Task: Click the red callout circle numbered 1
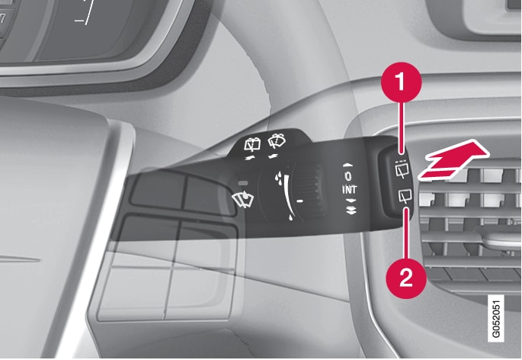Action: point(401,82)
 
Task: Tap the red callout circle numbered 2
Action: point(406,278)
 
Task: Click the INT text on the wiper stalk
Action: point(350,190)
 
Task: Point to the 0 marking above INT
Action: point(348,176)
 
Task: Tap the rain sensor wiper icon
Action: point(242,199)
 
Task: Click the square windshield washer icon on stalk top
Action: point(252,145)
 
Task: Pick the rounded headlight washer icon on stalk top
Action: point(277,140)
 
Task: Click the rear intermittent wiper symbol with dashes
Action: point(403,169)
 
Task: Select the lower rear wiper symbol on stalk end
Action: point(405,196)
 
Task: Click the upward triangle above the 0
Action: point(347,165)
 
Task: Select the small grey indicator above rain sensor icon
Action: point(243,183)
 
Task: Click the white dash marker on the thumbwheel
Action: point(300,201)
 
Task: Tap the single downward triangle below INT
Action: point(351,201)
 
